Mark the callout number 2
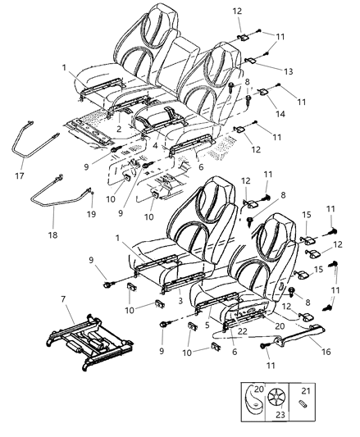(x=118, y=130)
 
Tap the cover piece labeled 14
(x=262, y=93)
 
